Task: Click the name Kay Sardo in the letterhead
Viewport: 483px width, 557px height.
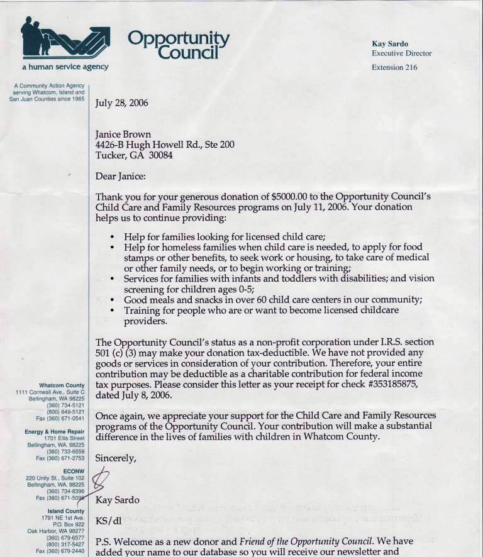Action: coord(390,44)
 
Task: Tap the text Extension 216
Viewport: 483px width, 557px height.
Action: coord(394,67)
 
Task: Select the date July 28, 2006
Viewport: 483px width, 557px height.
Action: coord(121,103)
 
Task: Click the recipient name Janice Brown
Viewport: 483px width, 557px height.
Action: coord(123,135)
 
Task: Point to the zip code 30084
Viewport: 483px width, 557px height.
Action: coord(160,155)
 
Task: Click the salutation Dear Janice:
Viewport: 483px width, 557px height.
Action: coord(120,177)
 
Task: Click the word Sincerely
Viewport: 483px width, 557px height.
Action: coord(115,458)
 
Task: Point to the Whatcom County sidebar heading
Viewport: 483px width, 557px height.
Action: coord(62,385)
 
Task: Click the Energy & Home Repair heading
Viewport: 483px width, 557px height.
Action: coord(55,432)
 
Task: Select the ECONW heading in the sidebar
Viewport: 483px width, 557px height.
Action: coord(74,470)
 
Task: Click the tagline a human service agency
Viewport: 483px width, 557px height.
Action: coord(65,67)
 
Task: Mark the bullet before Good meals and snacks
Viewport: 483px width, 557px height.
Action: coord(112,301)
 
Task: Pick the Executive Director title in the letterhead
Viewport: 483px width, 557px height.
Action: coord(401,53)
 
